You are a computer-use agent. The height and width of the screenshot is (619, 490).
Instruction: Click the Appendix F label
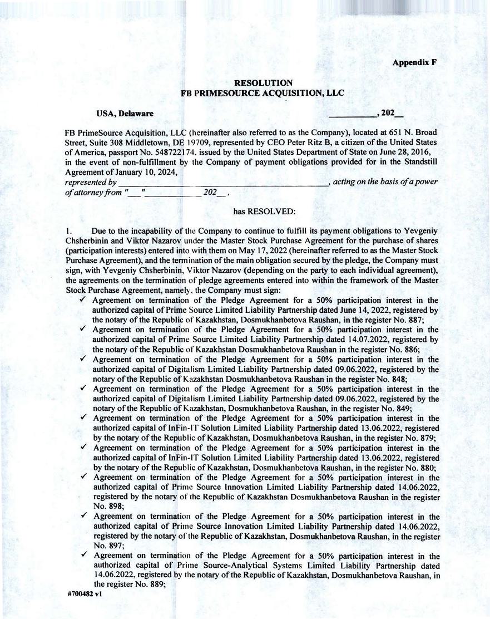[414, 62]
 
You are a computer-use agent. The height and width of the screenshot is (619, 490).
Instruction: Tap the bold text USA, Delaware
[125, 114]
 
